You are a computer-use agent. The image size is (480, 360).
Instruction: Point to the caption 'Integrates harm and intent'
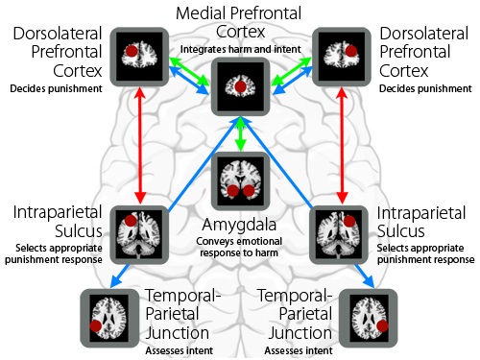point(240,48)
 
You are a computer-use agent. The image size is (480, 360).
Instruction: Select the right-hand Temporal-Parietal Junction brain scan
point(372,315)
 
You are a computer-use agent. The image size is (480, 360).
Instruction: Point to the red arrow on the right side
point(343,144)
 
